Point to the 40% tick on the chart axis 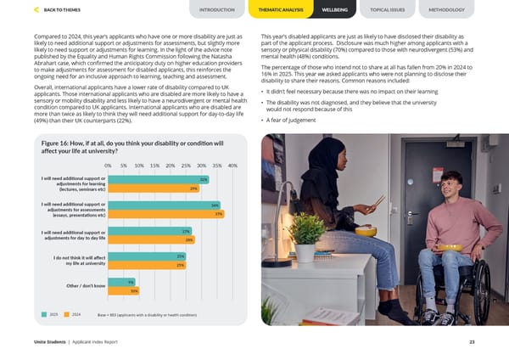232,166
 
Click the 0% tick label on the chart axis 109,166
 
